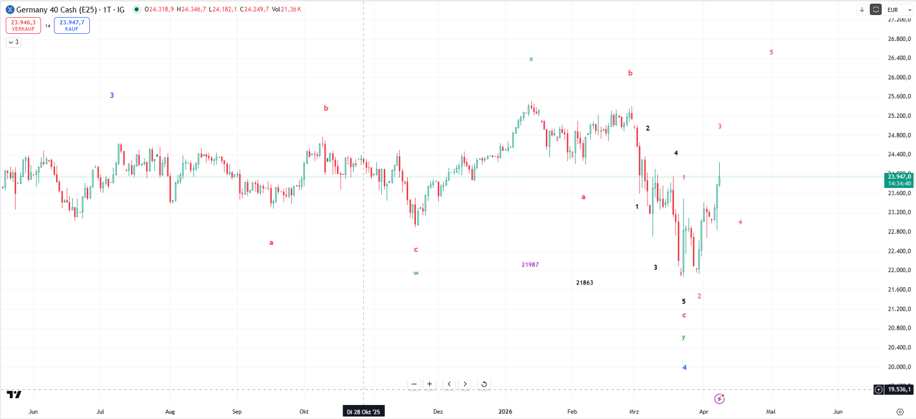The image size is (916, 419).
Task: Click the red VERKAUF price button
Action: coord(23,25)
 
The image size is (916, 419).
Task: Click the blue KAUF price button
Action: coord(72,25)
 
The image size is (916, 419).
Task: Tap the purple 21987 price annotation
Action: coord(530,265)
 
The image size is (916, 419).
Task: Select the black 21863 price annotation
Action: coord(584,283)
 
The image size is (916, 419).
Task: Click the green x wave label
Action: coord(531,59)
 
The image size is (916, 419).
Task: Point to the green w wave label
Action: coord(416,273)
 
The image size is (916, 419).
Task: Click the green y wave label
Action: coord(683,337)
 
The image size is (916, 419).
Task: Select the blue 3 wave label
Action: coord(112,96)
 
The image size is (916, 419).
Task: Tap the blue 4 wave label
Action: coord(684,368)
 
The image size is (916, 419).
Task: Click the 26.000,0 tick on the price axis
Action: coord(899,77)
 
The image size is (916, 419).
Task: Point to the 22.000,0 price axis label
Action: coord(899,270)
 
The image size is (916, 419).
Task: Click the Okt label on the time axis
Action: coord(304,412)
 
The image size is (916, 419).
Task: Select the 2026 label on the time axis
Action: coord(505,412)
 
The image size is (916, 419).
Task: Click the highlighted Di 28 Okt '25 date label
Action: coord(363,412)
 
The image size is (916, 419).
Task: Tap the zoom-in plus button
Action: coord(429,384)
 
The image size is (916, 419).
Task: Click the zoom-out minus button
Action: coord(414,384)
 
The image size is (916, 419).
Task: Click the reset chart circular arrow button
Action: coord(484,384)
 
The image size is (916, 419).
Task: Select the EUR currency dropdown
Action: coord(898,10)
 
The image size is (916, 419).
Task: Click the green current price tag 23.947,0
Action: coord(899,180)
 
